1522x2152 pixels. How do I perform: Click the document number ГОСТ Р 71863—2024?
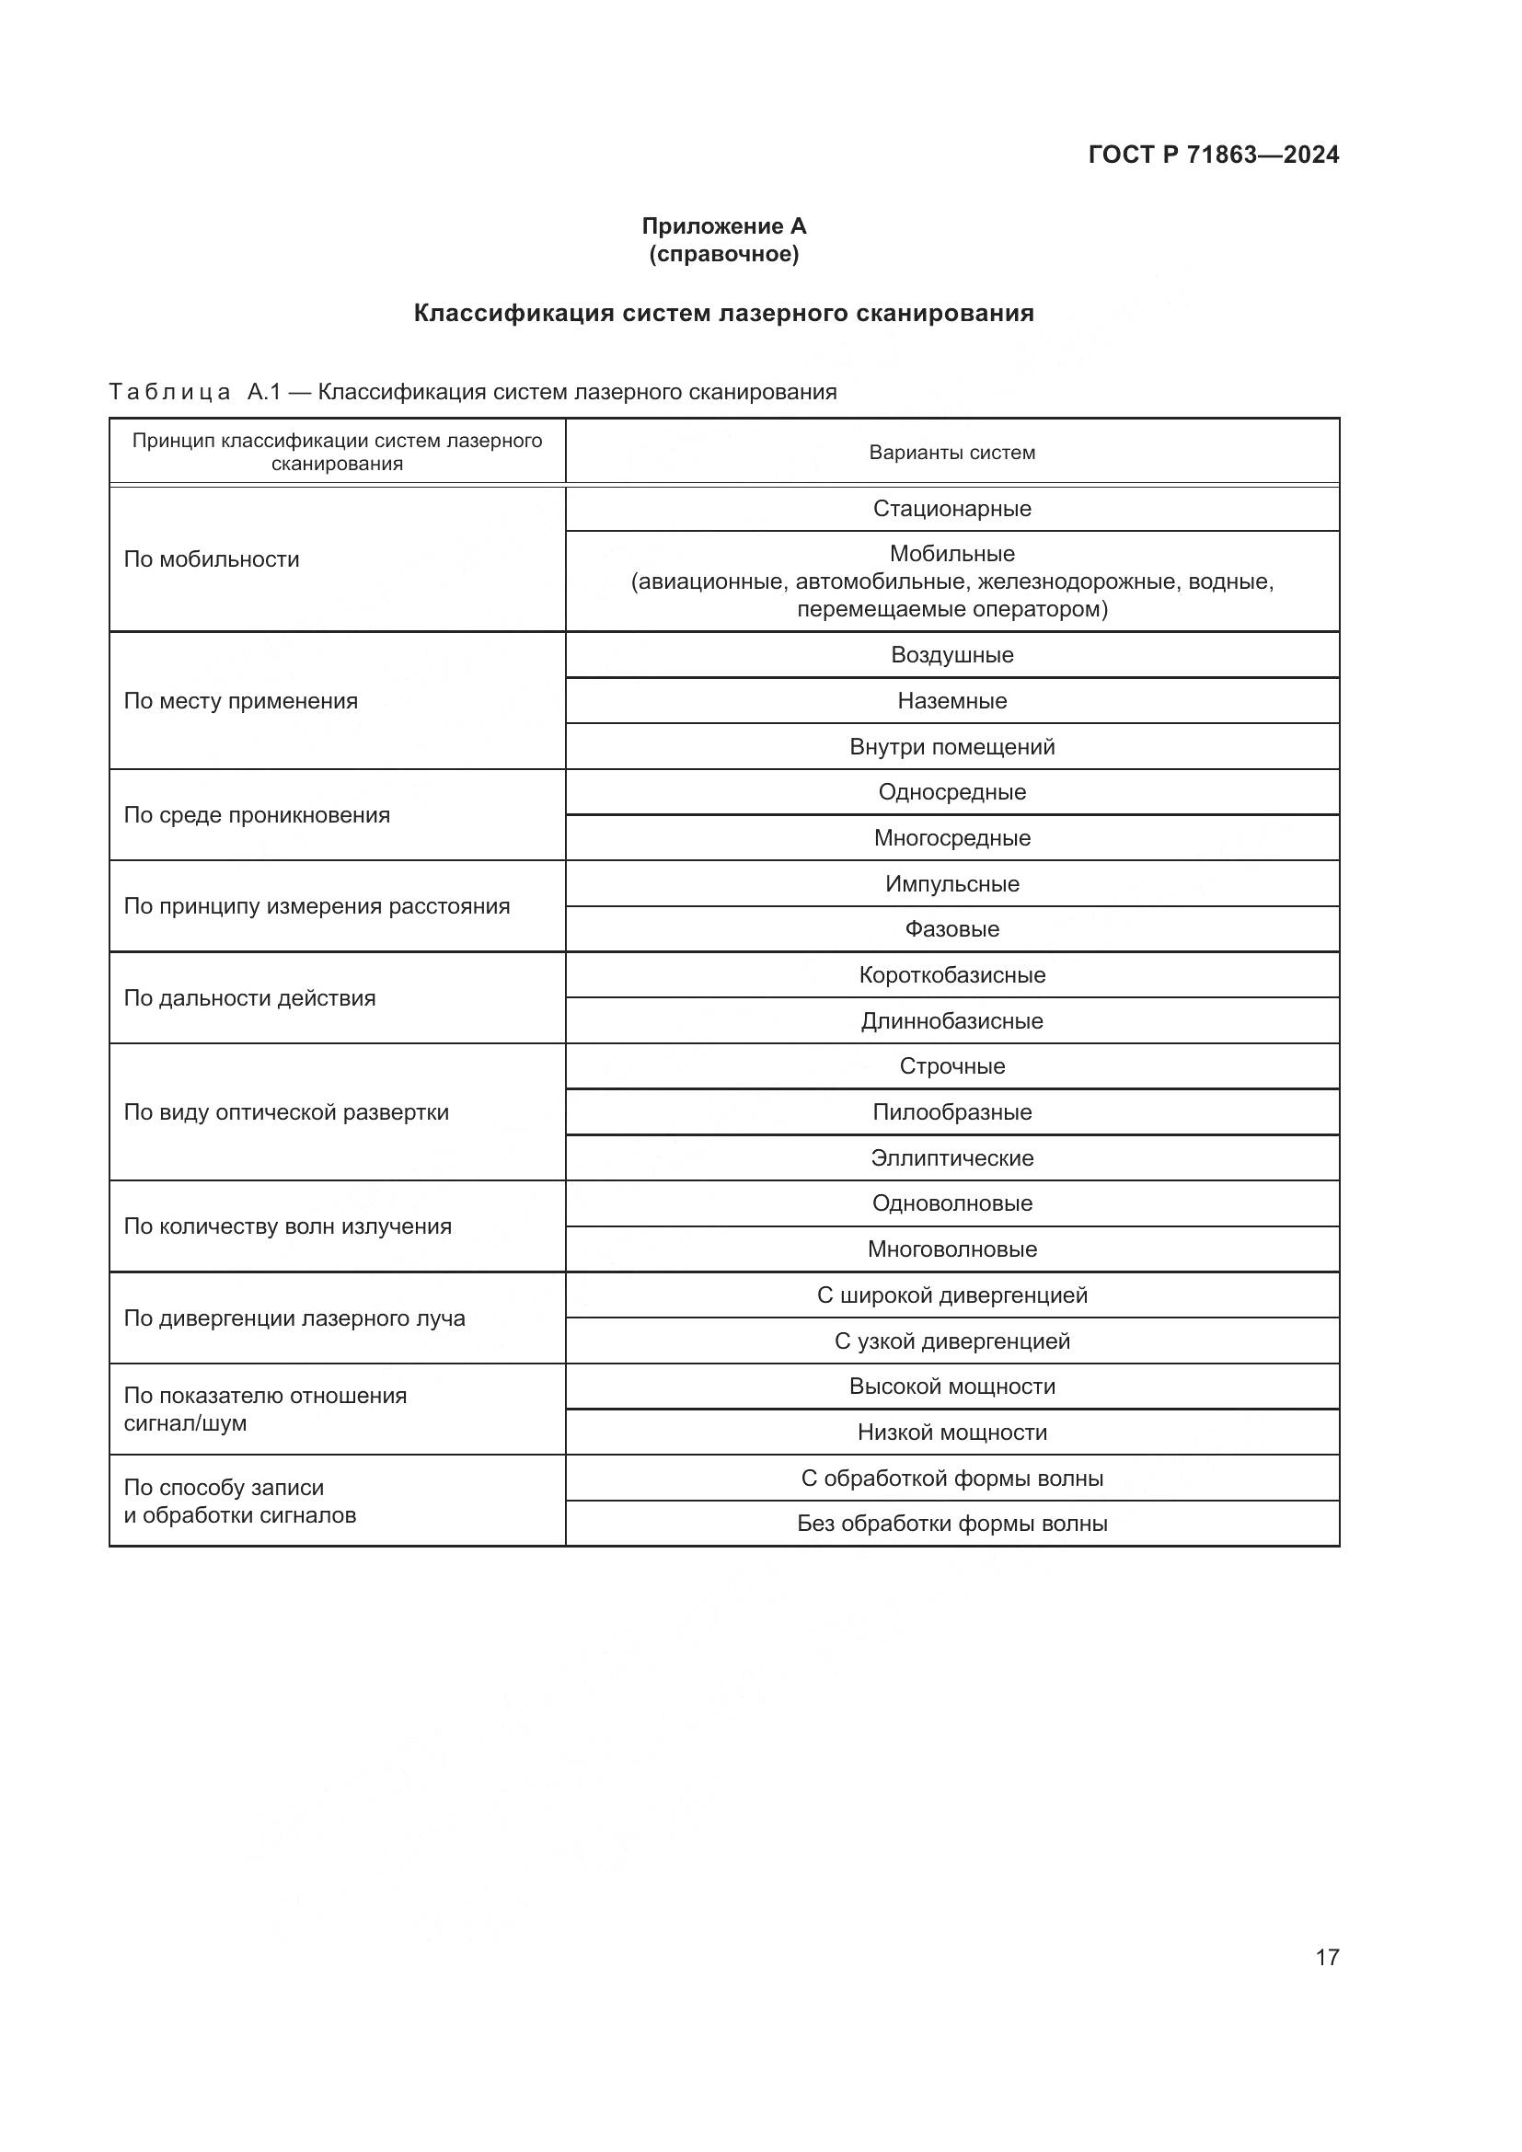1213,155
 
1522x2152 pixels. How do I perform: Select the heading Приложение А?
723,226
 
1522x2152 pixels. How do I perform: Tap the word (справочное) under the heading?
723,254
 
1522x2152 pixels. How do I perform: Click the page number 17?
1326,1957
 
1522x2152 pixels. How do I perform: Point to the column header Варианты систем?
951,453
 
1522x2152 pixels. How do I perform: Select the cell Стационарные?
951,508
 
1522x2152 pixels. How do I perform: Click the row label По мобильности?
212,559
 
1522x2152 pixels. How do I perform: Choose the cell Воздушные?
951,654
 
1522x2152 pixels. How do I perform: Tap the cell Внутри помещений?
951,746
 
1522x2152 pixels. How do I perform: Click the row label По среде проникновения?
257,814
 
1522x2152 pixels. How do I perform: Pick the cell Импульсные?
951,884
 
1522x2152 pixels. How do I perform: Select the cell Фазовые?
951,929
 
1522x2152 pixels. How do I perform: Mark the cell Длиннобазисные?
951,1020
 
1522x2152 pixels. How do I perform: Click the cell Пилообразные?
951,1111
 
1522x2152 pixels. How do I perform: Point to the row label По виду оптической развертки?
286,1111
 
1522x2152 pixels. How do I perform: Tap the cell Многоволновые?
951,1249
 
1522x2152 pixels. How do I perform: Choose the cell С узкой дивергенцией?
951,1341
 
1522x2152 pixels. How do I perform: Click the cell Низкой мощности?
951,1433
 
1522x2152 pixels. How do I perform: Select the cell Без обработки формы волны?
951,1523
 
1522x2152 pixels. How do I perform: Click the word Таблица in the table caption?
169,392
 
